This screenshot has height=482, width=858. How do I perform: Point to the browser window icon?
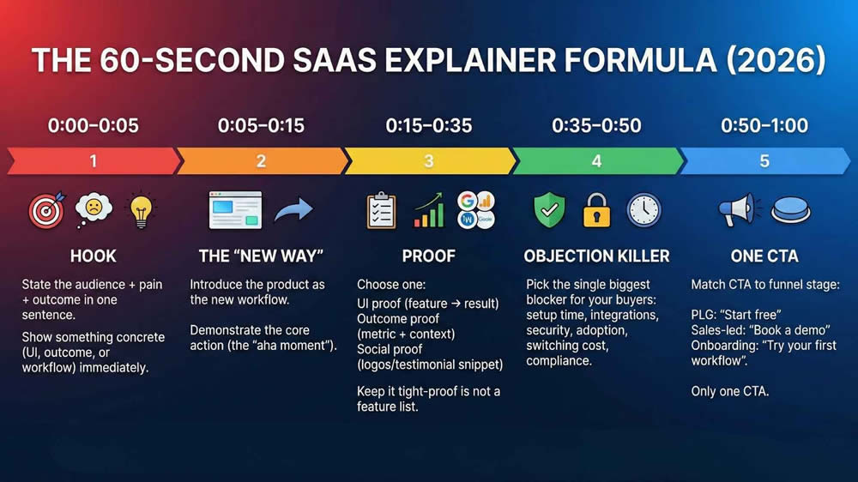235,210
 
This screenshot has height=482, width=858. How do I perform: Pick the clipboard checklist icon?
381,210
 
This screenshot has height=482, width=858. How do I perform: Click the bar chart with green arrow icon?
428,210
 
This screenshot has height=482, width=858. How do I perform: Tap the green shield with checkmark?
549,210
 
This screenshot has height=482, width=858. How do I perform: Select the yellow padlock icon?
596,210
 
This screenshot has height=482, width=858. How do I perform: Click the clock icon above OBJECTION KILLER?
643,210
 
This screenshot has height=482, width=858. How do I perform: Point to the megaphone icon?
737,210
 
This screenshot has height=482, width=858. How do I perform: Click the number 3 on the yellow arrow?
428,161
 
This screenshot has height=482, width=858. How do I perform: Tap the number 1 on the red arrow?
94,161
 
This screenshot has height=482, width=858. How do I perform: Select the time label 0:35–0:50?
596,125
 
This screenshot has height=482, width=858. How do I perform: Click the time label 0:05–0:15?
261,125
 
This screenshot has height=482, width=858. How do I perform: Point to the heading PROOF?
428,256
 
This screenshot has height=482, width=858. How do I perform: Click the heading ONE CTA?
764,256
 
